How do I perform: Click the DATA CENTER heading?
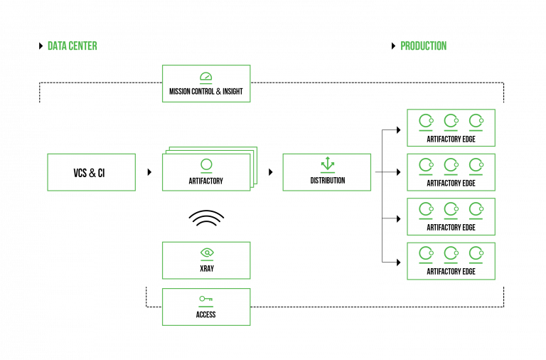[x=72, y=46]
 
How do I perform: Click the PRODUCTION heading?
[x=423, y=46]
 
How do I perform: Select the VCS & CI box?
[x=91, y=172]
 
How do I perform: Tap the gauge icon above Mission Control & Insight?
[x=205, y=77]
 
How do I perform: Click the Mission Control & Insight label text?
[x=205, y=92]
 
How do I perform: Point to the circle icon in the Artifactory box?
[x=206, y=165]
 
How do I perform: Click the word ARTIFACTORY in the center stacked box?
[x=206, y=181]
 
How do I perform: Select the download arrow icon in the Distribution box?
[x=327, y=164]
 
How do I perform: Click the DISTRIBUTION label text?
[x=327, y=181]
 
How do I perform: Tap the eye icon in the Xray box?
[x=206, y=253]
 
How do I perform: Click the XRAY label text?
[x=206, y=269]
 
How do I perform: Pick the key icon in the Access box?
[x=206, y=299]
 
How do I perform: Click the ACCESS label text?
[x=206, y=314]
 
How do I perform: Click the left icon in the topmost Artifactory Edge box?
[x=426, y=121]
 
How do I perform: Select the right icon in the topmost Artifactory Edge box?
[x=476, y=121]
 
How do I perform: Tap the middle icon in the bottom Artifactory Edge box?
[x=451, y=253]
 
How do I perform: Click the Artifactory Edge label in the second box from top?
[x=451, y=184]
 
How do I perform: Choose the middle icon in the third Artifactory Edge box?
[x=451, y=209]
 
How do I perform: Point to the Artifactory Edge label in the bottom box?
[x=451, y=272]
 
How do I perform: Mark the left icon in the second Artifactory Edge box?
[x=426, y=165]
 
